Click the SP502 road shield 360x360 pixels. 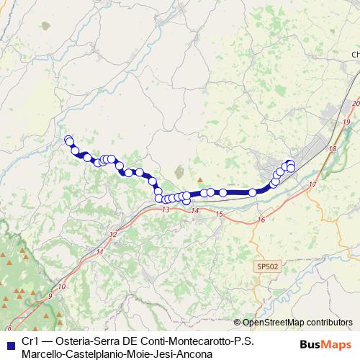(267, 266)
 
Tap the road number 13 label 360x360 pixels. (166, 210)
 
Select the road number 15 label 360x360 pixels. (219, 215)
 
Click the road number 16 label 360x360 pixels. (260, 220)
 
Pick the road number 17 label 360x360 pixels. (312, 185)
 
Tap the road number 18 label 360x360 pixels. (332, 149)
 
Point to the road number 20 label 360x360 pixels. (355, 104)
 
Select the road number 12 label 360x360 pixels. (113, 235)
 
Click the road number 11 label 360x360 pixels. (99, 252)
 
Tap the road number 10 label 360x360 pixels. (62, 287)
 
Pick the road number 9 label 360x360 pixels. (50, 296)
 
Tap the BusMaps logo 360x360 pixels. (325, 344)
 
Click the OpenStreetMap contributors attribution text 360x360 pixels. (297, 323)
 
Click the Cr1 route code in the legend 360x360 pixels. (30, 342)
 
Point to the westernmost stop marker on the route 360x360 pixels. (68, 140)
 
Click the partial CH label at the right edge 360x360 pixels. (355, 55)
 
